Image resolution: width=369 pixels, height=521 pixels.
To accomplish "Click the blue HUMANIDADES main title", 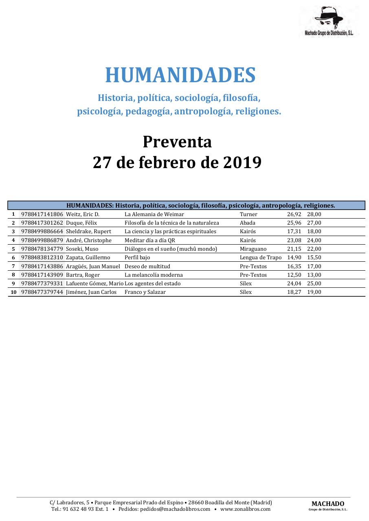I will coord(180,75).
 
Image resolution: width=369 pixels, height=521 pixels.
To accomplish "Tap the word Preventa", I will coord(177,142).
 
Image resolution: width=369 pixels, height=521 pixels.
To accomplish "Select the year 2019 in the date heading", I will coord(242,162).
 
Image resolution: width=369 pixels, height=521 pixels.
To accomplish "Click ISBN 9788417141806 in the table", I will coord(42,214).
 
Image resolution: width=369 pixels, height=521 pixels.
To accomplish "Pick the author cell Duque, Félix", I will coord(81,223).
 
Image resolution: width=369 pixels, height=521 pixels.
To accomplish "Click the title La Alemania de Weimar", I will coord(154,214).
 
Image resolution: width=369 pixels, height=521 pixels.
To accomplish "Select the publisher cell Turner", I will coord(248,214).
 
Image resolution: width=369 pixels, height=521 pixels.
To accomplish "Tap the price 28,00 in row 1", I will coord(314,214).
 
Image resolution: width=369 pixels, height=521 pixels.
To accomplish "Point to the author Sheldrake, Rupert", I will coord(88,231).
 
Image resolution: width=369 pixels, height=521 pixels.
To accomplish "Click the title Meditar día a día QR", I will coord(150,240).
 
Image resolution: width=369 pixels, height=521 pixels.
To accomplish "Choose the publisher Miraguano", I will coord(253,249).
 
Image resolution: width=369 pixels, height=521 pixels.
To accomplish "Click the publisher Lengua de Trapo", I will coord(261,257).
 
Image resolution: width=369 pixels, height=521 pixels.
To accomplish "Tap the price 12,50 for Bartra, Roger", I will coord(294,275).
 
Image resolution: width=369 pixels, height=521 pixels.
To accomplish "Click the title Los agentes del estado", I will coord(153,283).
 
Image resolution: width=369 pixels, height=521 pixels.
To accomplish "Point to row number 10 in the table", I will coord(13,292).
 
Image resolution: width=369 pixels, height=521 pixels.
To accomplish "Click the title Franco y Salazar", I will coord(145,292).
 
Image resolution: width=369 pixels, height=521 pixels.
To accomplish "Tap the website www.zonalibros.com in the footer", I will coord(245,509).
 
